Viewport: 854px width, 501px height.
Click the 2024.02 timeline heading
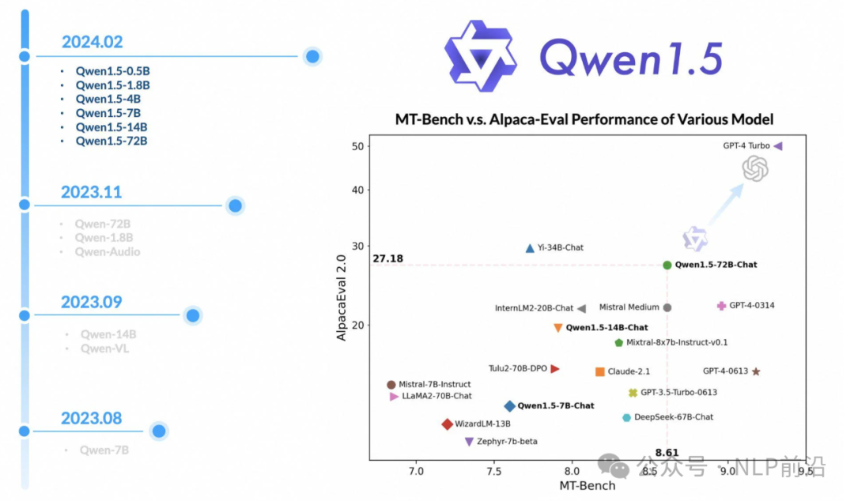point(93,43)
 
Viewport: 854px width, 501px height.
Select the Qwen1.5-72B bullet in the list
point(111,141)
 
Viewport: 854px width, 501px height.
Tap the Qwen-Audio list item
point(108,252)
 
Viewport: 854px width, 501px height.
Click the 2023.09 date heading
point(92,303)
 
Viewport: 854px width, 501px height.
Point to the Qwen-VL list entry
point(104,348)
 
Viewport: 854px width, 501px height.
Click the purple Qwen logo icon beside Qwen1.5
point(481,55)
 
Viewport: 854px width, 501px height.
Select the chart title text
point(584,119)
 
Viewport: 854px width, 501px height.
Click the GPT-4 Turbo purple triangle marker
point(778,146)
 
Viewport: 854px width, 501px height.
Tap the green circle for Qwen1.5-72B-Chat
point(667,266)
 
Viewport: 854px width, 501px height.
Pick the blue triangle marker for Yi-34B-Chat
point(530,248)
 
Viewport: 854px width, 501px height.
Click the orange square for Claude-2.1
point(600,371)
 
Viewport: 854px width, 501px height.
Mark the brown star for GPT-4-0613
point(756,371)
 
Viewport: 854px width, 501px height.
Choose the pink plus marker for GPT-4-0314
point(721,306)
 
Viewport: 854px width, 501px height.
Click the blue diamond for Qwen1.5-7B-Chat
point(510,406)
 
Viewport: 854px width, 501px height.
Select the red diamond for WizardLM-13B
point(448,424)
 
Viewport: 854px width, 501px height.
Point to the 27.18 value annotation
point(387,258)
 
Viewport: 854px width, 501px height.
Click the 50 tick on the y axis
point(357,146)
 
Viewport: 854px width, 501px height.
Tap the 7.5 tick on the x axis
point(493,472)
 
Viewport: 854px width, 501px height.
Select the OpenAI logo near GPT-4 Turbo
point(756,168)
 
